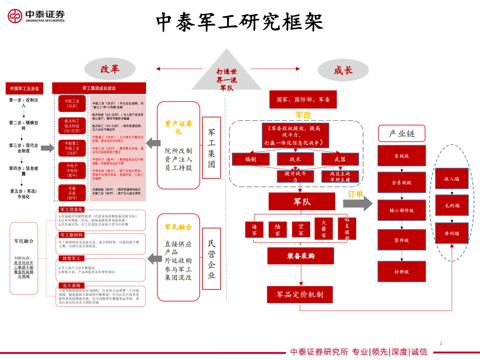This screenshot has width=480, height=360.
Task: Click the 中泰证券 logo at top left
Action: point(36,16)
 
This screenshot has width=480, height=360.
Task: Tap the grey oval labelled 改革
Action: point(110,69)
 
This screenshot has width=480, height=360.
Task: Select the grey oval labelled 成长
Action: point(343,70)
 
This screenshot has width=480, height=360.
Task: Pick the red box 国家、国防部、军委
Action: point(303,100)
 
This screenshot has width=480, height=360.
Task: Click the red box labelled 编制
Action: point(250,159)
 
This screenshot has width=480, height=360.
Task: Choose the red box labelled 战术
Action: point(295,159)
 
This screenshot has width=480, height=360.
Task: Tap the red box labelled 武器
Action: point(340,159)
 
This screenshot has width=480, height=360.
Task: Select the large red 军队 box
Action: point(302,201)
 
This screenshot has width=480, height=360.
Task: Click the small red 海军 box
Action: point(254,230)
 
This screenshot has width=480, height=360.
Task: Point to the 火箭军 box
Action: point(323,229)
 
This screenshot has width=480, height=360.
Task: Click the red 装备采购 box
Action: point(301,256)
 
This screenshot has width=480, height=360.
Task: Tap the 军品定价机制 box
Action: point(300,295)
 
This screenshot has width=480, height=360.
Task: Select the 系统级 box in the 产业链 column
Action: point(401,156)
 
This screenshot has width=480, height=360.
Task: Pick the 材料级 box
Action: point(401,272)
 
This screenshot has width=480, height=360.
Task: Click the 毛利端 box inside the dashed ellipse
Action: point(452,205)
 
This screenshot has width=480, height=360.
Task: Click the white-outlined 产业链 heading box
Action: point(401,134)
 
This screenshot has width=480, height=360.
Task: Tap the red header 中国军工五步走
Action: point(24,88)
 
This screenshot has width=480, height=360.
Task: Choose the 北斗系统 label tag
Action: point(71,285)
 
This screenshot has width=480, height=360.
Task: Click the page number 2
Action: point(440,343)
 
